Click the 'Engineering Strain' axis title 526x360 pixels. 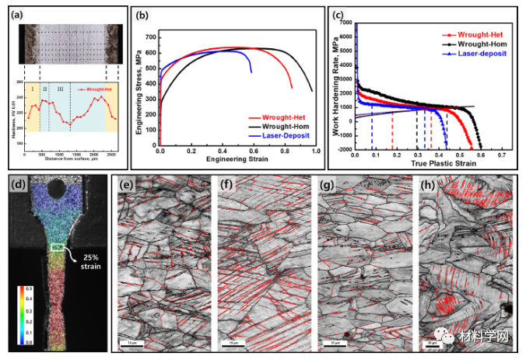(237, 160)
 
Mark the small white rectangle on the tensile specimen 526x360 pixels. (58, 247)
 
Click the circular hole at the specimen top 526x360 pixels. (56, 187)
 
